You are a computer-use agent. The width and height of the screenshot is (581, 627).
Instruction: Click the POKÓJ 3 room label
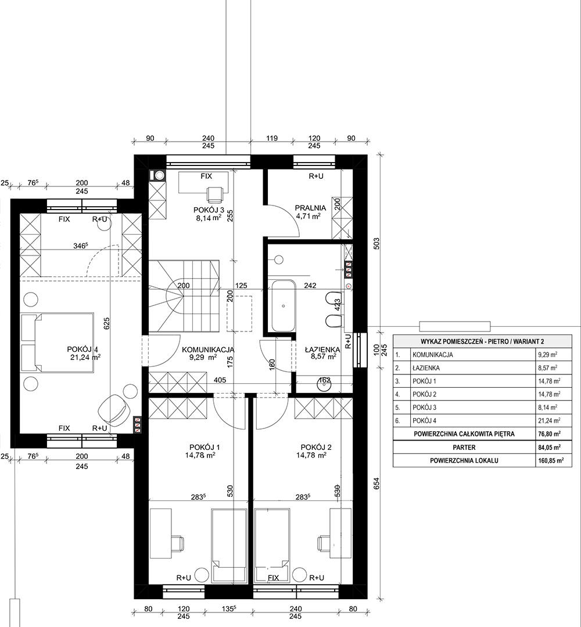pyautogui.click(x=209, y=210)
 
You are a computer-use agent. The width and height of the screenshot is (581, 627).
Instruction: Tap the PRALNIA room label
pyautogui.click(x=310, y=208)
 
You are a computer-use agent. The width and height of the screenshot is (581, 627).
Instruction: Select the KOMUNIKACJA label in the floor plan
pyautogui.click(x=208, y=349)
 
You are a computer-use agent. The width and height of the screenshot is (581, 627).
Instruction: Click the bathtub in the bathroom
pyautogui.click(x=284, y=306)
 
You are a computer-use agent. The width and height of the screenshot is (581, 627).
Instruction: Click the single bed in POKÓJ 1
pyautogui.click(x=229, y=545)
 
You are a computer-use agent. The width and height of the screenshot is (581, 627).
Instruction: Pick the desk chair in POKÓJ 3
pyautogui.click(x=216, y=194)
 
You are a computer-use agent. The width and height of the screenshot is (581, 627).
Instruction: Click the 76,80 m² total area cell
pyautogui.click(x=549, y=434)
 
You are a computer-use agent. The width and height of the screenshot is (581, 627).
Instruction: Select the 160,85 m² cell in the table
pyautogui.click(x=551, y=460)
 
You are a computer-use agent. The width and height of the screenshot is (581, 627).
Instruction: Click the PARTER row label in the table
pyautogui.click(x=464, y=448)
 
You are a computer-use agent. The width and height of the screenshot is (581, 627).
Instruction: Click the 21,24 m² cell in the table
pyautogui.click(x=549, y=421)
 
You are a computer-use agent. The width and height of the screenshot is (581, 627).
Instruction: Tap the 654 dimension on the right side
pyautogui.click(x=376, y=484)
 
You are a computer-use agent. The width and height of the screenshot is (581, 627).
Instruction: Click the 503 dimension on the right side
pyautogui.click(x=376, y=244)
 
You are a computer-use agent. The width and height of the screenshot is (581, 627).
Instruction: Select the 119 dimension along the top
pyautogui.click(x=272, y=138)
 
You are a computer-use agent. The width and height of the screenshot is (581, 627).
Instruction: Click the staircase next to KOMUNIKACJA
pyautogui.click(x=184, y=296)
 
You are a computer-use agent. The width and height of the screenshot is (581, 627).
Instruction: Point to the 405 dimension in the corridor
pyautogui.click(x=220, y=380)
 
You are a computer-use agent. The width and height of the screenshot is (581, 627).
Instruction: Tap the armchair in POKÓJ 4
pyautogui.click(x=114, y=409)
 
